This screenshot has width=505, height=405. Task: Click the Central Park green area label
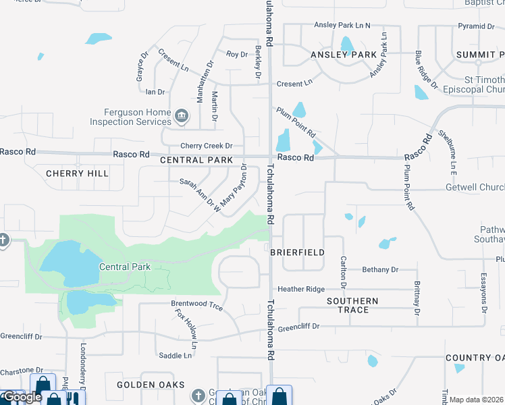coord(125,267)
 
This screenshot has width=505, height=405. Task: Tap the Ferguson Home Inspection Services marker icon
coord(181,117)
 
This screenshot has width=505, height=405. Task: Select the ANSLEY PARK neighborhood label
coord(343,54)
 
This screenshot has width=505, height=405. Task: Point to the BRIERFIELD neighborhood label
coord(297,252)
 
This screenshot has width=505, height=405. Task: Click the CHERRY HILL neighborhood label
coord(78,173)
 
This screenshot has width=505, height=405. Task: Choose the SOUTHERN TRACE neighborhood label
coord(352,305)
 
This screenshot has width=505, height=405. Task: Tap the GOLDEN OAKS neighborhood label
coord(151,385)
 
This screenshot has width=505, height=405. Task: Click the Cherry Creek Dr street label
coord(206,146)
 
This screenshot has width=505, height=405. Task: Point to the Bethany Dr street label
coord(380,270)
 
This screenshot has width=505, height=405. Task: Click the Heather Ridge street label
coord(306,289)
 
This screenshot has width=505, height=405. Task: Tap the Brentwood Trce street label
coord(196,305)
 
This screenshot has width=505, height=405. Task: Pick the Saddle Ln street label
coord(175,355)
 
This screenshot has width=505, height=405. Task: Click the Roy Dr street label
coord(237,54)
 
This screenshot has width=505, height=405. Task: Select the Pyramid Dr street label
coord(476,26)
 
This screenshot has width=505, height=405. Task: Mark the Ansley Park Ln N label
coord(342,26)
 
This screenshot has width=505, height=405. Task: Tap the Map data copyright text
coord(477,400)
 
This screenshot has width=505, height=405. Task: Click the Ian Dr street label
coord(155,92)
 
